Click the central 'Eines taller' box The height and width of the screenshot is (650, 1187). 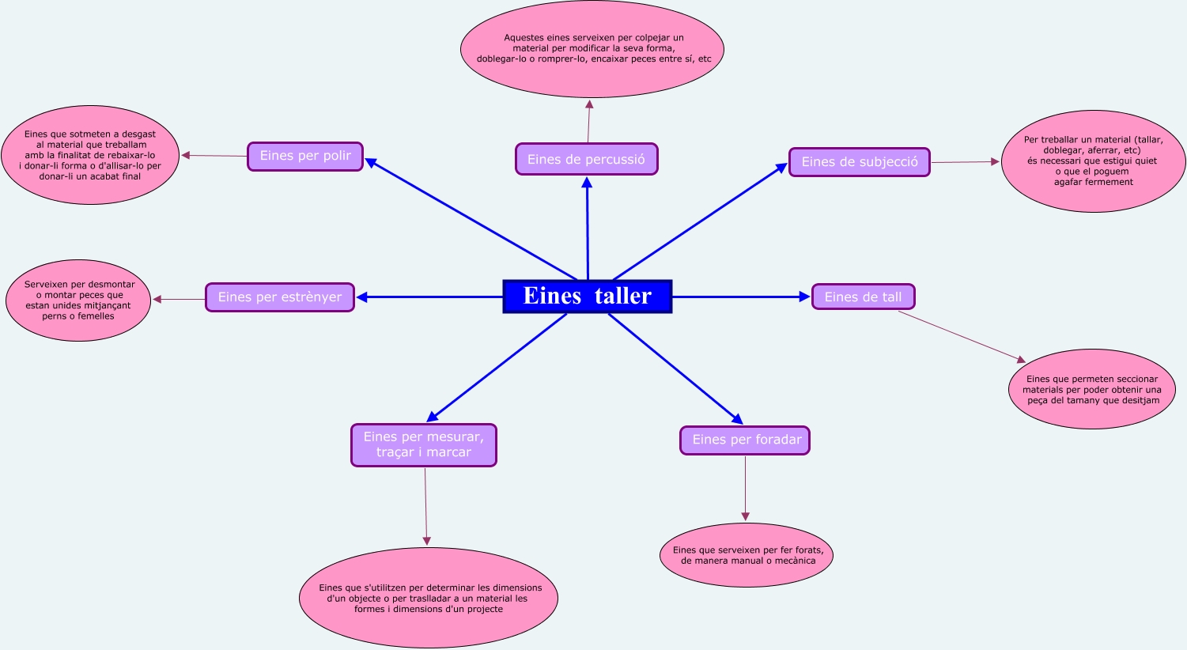(587, 297)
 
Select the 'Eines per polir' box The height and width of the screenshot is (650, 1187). (305, 156)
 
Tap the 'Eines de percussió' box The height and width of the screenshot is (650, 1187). (586, 159)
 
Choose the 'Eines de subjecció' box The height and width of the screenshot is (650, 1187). (860, 162)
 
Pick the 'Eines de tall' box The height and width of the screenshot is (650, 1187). (863, 297)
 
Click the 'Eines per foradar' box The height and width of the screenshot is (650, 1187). (745, 440)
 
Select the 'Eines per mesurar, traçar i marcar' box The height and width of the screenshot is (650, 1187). (424, 444)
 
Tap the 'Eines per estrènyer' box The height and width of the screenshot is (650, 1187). (280, 297)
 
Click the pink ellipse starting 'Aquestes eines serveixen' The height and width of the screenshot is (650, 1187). (592, 49)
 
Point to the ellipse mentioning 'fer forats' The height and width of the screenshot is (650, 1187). (747, 555)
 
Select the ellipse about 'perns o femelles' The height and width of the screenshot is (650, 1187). (78, 300)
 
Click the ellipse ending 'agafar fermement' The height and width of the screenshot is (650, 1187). (1093, 161)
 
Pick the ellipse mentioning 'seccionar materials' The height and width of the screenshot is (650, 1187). (1092, 389)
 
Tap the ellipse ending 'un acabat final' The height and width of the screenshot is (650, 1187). (90, 156)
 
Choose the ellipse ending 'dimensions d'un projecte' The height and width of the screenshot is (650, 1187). (429, 599)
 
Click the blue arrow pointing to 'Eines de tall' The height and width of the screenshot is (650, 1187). (742, 297)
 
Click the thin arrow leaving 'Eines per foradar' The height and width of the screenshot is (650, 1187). (745, 488)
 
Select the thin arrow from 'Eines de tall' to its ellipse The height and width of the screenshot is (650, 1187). (961, 337)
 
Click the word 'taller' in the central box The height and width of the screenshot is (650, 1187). (623, 296)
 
